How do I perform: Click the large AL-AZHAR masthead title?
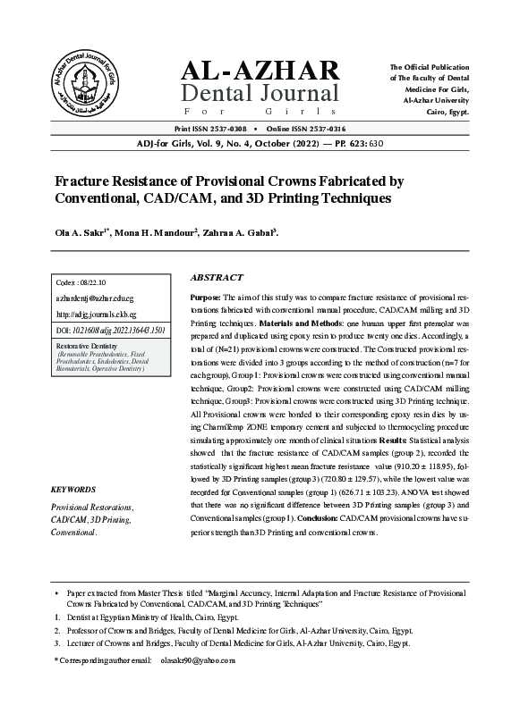tap(260, 70)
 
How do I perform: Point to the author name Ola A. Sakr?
tap(85, 233)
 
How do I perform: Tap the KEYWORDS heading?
tap(73, 491)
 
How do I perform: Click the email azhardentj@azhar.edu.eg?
tap(94, 298)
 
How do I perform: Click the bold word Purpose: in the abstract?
tap(207, 296)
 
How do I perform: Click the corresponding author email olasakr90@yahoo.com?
tap(197, 660)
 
